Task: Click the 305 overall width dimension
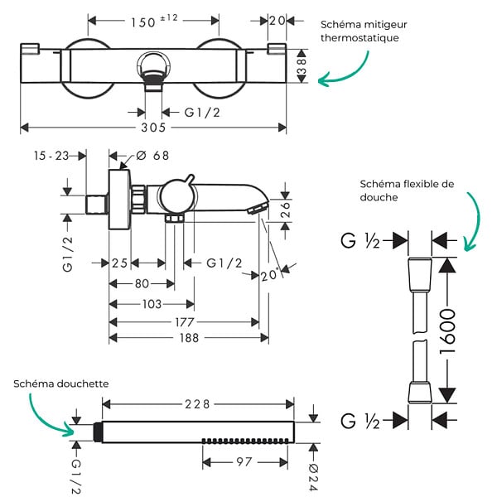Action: [x=153, y=128]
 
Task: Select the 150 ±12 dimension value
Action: [x=154, y=21]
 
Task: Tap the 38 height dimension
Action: [x=302, y=66]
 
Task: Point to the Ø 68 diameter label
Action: [x=152, y=156]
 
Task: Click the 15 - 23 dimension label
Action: [x=51, y=156]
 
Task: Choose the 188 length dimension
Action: [x=189, y=338]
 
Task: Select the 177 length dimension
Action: [x=185, y=322]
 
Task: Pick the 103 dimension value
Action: [x=152, y=304]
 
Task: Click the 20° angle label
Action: [x=269, y=275]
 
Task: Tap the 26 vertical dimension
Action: [x=285, y=210]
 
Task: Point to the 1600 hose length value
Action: [x=447, y=331]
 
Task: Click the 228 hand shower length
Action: [x=197, y=404]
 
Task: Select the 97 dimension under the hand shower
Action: [x=244, y=462]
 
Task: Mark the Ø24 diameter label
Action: [x=313, y=479]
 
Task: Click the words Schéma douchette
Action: [x=60, y=384]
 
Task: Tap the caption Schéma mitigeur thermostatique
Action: [x=364, y=31]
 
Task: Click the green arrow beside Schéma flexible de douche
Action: [x=473, y=221]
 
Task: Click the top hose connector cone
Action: [x=420, y=274]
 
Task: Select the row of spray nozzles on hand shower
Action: [x=245, y=441]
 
